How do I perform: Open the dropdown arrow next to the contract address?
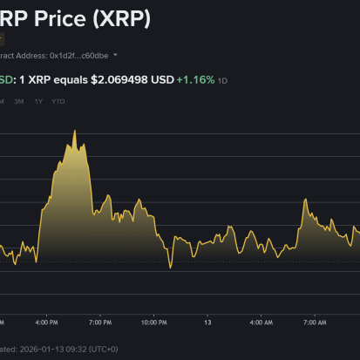(116, 54)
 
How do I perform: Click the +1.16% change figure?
(194, 79)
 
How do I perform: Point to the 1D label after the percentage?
(222, 80)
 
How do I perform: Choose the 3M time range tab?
(19, 102)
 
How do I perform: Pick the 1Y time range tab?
(38, 102)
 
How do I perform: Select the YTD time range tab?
(58, 102)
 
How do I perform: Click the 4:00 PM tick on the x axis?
(48, 322)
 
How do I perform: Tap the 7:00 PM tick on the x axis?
(100, 322)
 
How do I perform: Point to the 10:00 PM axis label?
(154, 322)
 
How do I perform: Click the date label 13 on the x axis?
(207, 322)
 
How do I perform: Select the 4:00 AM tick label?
(261, 322)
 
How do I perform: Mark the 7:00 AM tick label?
(314, 322)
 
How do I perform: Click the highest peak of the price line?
(75, 132)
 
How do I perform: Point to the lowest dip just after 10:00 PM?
(171, 267)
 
